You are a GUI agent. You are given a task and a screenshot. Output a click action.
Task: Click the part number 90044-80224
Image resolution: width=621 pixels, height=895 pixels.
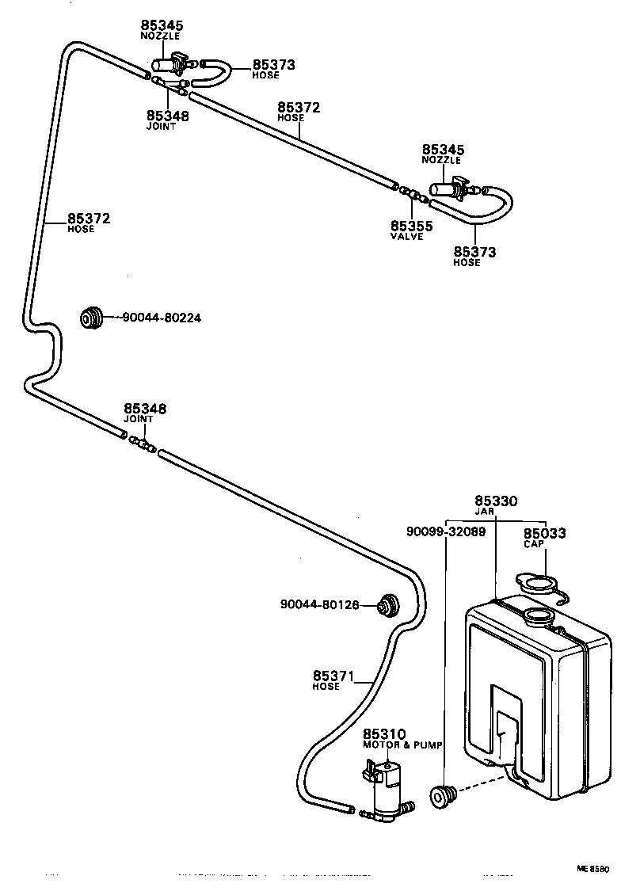pyautogui.click(x=162, y=318)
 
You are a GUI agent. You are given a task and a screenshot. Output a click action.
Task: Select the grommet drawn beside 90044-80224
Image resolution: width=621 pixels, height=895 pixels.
pyautogui.click(x=93, y=318)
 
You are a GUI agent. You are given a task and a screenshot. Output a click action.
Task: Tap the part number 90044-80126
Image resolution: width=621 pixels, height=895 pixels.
pyautogui.click(x=319, y=605)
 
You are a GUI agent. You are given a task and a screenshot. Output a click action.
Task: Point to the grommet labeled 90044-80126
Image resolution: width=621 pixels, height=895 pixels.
pyautogui.click(x=389, y=604)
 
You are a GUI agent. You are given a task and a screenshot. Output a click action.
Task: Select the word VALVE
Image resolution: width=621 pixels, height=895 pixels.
pyautogui.click(x=407, y=236)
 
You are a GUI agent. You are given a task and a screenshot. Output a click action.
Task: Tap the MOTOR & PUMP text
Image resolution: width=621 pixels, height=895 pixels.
pyautogui.click(x=402, y=745)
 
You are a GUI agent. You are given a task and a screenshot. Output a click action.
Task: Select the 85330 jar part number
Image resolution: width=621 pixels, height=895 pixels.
pyautogui.click(x=496, y=501)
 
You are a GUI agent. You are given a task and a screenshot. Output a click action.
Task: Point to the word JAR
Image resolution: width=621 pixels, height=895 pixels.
pyautogui.click(x=496, y=512)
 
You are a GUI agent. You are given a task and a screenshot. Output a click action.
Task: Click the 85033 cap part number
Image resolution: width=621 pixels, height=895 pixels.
pyautogui.click(x=544, y=534)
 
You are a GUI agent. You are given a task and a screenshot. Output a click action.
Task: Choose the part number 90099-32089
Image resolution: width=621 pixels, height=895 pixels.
pyautogui.click(x=447, y=532)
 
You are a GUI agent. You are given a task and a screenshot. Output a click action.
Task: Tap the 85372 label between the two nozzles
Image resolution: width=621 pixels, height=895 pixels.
pyautogui.click(x=299, y=107)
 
